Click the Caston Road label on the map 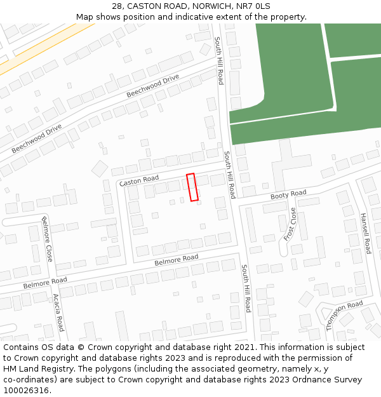[x=139, y=180]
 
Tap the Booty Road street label [x=288, y=195]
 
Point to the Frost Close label [x=290, y=224]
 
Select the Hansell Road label [x=365, y=233]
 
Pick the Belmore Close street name [x=47, y=239]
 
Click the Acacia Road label [x=58, y=312]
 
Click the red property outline [x=192, y=187]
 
